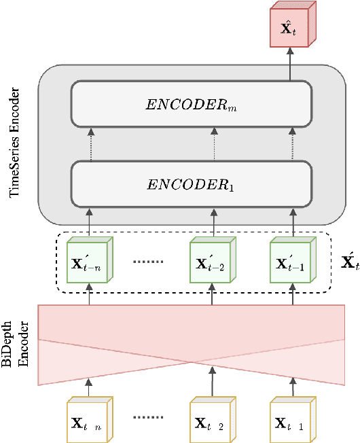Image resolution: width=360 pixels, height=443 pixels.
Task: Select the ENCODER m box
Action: coord(191,103)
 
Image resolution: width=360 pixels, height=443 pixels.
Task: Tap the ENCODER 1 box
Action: coord(191,183)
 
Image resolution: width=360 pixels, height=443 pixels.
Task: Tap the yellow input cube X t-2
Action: coord(211,421)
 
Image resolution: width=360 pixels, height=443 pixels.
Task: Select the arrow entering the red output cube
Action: coord(290,65)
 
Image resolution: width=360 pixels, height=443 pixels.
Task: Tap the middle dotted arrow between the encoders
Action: coord(213,144)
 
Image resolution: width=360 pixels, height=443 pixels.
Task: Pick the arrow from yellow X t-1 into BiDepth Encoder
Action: coord(293,389)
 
